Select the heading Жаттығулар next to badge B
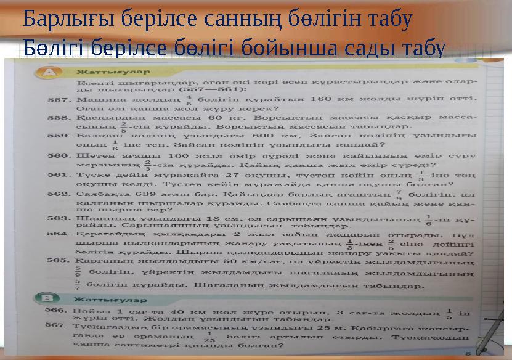click(x=97, y=298)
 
